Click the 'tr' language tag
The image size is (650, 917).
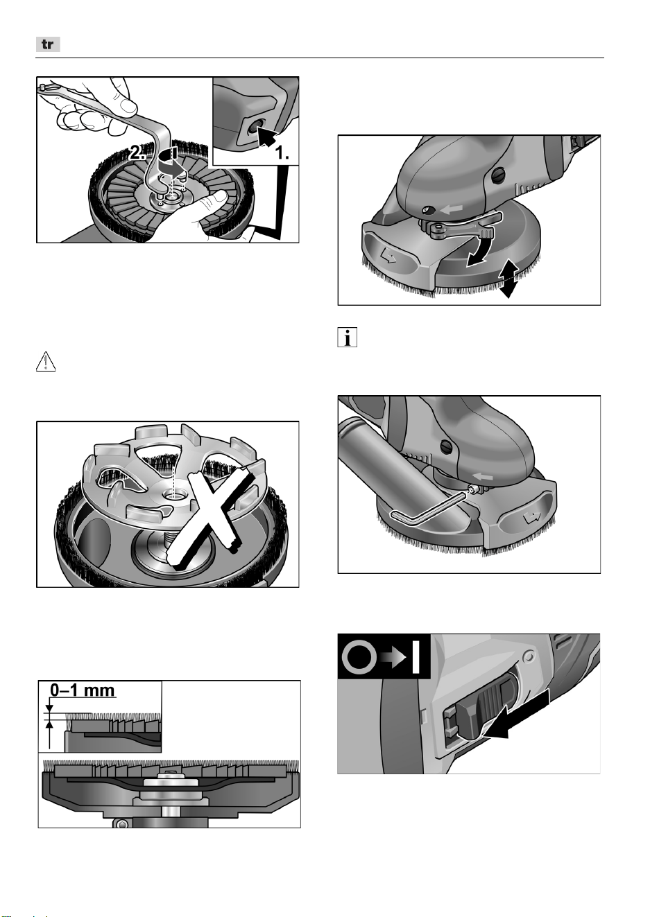48,44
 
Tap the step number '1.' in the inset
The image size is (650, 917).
282,153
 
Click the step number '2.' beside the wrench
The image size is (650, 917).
137,153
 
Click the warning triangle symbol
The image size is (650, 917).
46,361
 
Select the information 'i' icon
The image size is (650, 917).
347,338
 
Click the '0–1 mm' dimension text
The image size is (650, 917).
83,690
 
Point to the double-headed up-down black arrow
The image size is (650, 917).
508,279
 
